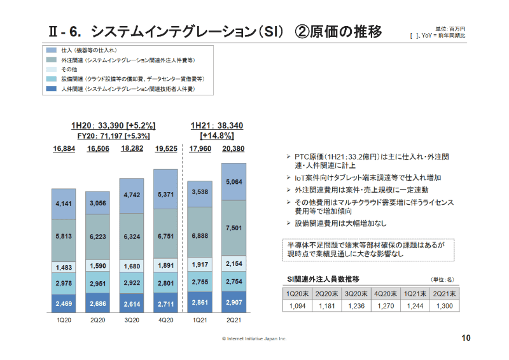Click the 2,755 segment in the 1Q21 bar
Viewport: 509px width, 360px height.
pyautogui.click(x=200, y=281)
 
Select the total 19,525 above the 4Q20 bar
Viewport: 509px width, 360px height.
pyautogui.click(x=166, y=149)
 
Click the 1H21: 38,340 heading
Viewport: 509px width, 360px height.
pyautogui.click(x=216, y=125)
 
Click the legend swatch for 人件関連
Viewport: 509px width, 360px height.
pyautogui.click(x=52, y=90)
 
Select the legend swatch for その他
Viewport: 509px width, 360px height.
pyautogui.click(x=52, y=69)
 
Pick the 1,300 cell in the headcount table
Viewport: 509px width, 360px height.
pyautogui.click(x=443, y=306)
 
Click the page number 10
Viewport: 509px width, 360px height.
pyautogui.click(x=466, y=338)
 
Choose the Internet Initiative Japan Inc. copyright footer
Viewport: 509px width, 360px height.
pyautogui.click(x=254, y=339)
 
